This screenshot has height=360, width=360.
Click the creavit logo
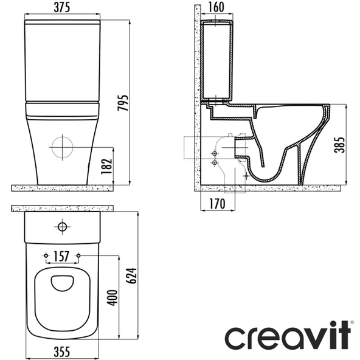point(288,337)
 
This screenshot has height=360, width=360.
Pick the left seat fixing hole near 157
point(47,255)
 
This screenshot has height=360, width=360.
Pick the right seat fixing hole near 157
point(78,255)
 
